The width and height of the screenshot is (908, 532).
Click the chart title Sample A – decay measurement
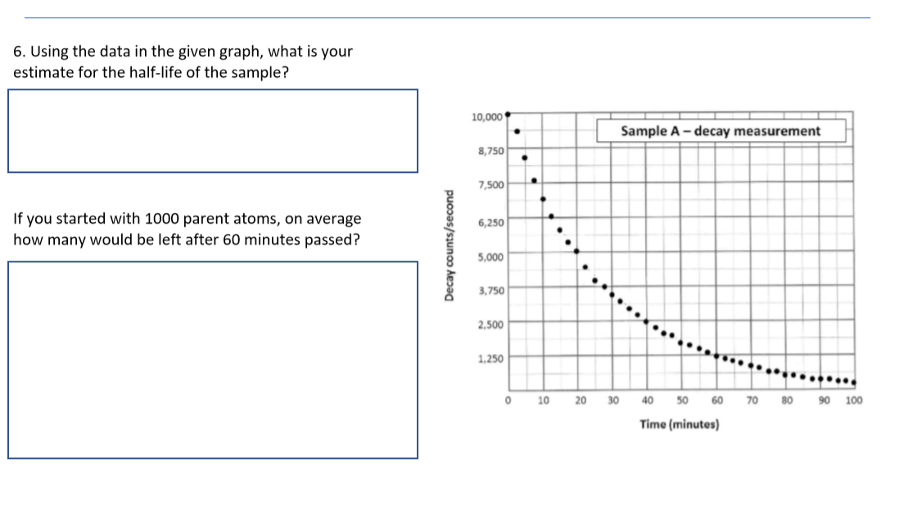pyautogui.click(x=721, y=131)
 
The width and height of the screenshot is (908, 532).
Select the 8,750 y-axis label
pyautogui.click(x=490, y=152)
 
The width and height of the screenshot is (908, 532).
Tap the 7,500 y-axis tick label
pyautogui.click(x=490, y=186)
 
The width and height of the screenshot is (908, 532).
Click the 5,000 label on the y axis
pyautogui.click(x=490, y=255)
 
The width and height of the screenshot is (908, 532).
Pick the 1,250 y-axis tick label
pyautogui.click(x=490, y=358)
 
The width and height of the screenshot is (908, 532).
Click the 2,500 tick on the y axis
pyautogui.click(x=490, y=324)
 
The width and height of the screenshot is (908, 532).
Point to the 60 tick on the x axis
pyautogui.click(x=716, y=401)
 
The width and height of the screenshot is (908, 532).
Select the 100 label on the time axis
pyautogui.click(x=854, y=401)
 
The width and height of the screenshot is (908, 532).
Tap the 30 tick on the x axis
pyautogui.click(x=613, y=401)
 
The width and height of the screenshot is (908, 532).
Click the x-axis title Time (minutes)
pyautogui.click(x=680, y=425)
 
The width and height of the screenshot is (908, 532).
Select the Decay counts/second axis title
pyautogui.click(x=449, y=254)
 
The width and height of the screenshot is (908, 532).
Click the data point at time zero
pyautogui.click(x=508, y=115)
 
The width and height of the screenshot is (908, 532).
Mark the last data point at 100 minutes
pyautogui.click(x=853, y=383)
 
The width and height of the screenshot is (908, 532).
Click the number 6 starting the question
pyautogui.click(x=18, y=52)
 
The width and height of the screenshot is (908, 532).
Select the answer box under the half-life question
pyautogui.click(x=213, y=131)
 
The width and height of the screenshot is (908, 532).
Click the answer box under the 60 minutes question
pyautogui.click(x=213, y=360)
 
